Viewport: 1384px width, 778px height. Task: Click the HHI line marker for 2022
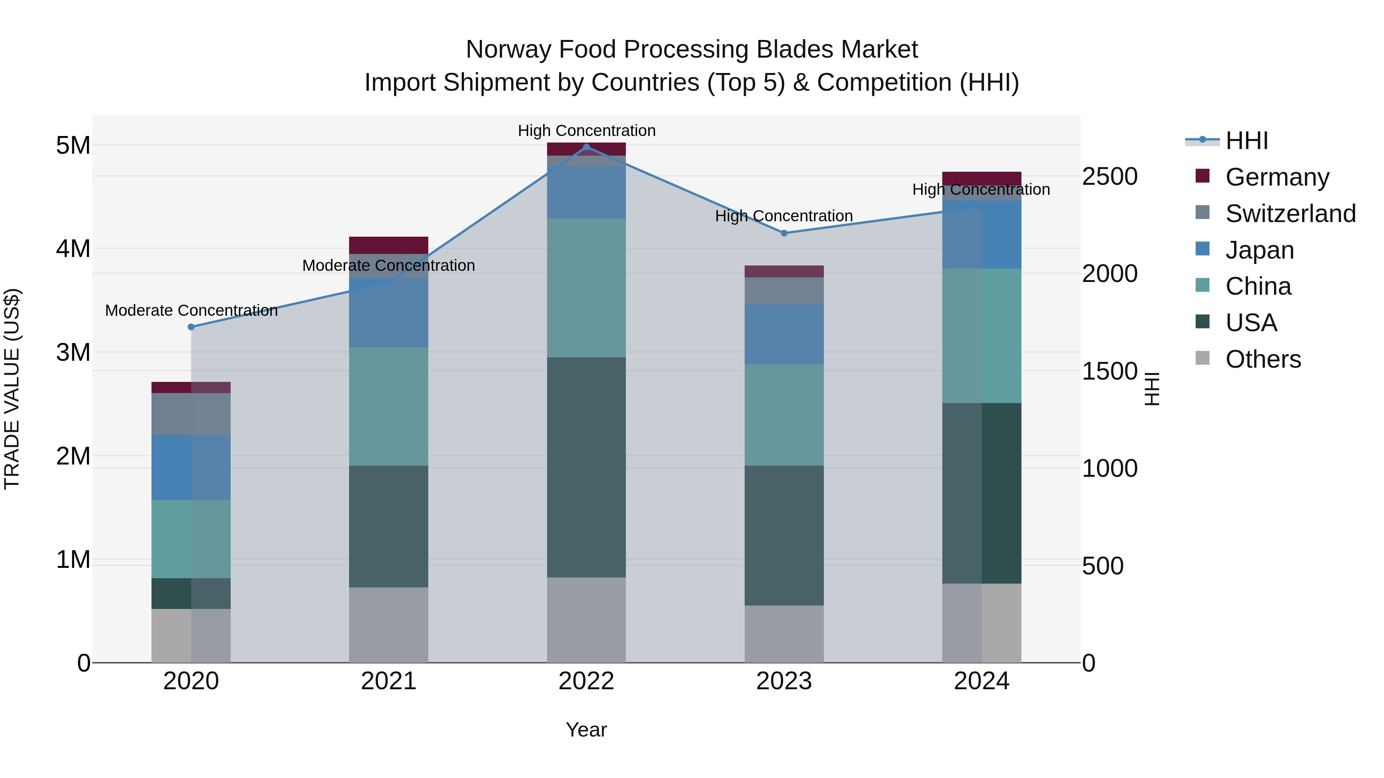586,147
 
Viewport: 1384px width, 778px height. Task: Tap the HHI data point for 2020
191,327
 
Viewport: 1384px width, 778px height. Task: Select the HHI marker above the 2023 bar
784,233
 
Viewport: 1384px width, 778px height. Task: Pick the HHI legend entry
1246,141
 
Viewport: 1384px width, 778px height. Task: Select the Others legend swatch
1203,358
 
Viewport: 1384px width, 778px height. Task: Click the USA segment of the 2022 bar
586,467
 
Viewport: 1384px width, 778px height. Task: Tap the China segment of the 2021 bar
388,406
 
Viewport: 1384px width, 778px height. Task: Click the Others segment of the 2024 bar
981,623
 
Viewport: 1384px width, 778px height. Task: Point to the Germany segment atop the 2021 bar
388,245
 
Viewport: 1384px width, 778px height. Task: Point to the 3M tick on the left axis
73,353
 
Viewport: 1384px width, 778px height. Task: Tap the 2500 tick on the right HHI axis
1110,177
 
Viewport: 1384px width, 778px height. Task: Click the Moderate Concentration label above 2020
191,310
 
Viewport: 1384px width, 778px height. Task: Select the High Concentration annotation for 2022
586,131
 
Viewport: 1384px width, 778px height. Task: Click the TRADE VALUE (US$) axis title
12,389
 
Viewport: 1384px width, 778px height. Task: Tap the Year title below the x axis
586,730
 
